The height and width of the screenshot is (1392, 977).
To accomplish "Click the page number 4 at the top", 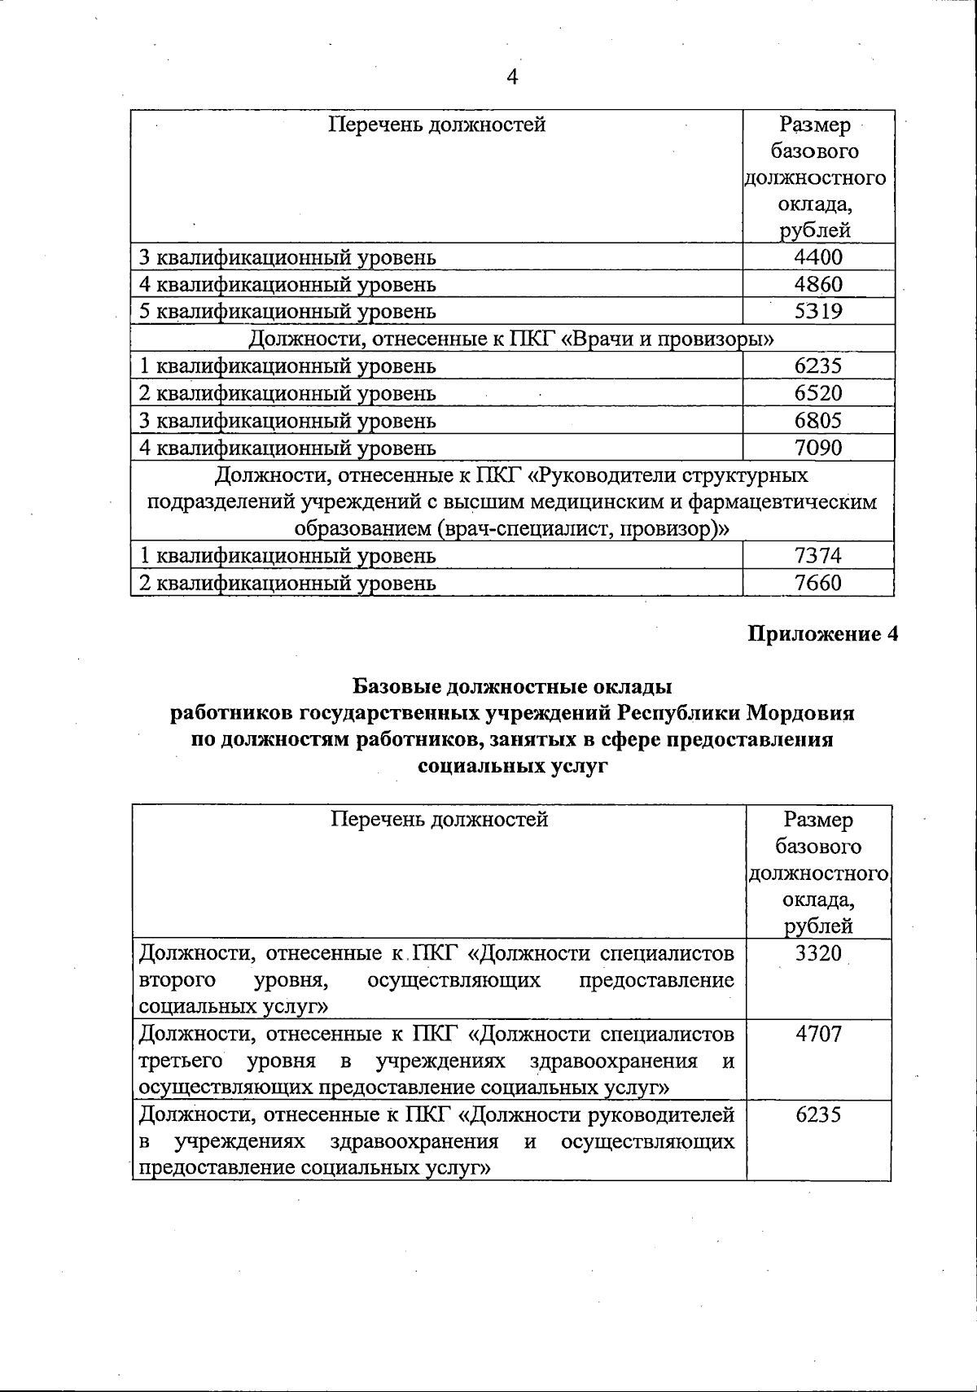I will coord(512,77).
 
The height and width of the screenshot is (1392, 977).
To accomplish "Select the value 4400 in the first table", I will coord(818,257).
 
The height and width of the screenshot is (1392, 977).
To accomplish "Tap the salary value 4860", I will coord(818,284).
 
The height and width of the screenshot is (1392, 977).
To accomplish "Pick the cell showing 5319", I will coord(818,311).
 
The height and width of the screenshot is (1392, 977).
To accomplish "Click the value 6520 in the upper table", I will coord(818,393).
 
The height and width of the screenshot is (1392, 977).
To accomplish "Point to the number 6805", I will coord(818,421).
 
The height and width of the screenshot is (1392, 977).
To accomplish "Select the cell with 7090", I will coord(818,448).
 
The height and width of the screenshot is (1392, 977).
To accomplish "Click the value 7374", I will coord(818,556).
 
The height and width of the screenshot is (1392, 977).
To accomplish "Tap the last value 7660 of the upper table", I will coord(818,583).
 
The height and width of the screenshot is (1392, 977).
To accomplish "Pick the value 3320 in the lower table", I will coord(818,953).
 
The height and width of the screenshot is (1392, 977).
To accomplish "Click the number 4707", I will coord(818,1035).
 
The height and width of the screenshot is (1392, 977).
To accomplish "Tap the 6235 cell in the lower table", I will coord(818,1115).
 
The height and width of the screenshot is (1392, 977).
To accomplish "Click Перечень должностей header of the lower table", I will coord(439,819).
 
